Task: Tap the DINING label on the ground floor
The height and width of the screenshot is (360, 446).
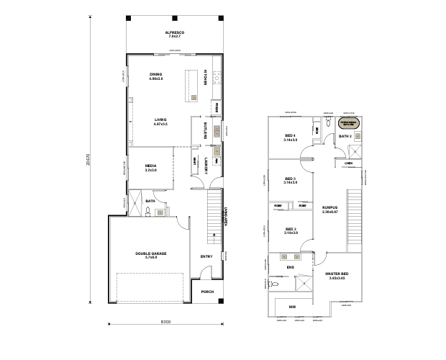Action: pos(155,75)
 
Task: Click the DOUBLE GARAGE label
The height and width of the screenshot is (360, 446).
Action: pos(150,254)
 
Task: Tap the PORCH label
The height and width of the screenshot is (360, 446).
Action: pos(208,292)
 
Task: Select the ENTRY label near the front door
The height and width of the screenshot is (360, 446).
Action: pos(206,256)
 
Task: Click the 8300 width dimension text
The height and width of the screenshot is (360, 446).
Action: pos(165,321)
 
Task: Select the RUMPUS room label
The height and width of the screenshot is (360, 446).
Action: pos(330,208)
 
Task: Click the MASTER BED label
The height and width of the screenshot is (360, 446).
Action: pos(337,274)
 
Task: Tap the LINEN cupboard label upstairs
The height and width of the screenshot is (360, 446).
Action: pos(348,163)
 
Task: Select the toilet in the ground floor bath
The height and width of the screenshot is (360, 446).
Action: pos(147,211)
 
